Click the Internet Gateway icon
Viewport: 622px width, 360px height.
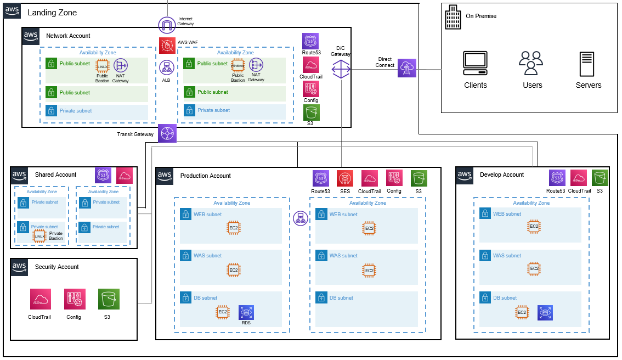coord(167,25)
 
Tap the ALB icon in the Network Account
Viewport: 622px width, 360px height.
coord(167,67)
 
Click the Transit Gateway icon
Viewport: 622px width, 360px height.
coord(167,133)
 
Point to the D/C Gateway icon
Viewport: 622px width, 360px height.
coord(341,70)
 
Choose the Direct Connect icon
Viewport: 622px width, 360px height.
coord(407,68)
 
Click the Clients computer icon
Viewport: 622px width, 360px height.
coord(475,63)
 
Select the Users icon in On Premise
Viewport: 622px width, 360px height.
coord(531,63)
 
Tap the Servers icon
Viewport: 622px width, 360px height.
coord(587,64)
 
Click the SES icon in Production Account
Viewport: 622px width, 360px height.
coord(345,179)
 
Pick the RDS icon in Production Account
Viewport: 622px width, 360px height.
coord(246,313)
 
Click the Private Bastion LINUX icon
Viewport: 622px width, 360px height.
coord(39,237)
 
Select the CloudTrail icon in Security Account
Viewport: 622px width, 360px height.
coord(41,299)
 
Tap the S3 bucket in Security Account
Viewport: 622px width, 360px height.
coord(109,299)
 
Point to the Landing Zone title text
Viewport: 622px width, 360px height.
coord(52,13)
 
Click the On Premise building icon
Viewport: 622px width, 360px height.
coord(453,17)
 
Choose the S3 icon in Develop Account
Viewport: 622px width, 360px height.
coord(600,178)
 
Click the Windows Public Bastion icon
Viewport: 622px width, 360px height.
coord(238,65)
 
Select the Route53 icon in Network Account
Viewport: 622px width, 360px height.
coord(310,41)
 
